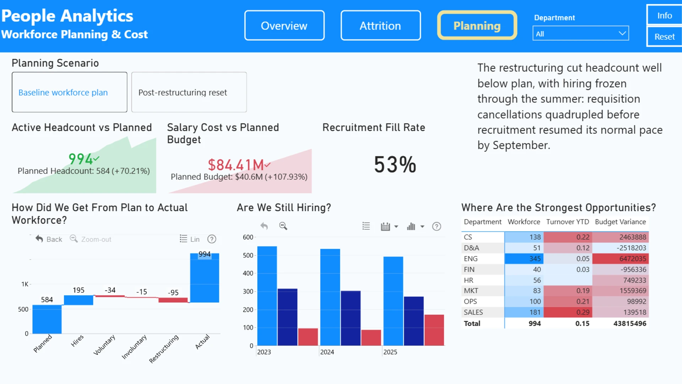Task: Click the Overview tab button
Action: tap(284, 26)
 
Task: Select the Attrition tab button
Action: tap(380, 26)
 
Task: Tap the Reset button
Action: tap(664, 37)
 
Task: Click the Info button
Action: tap(664, 15)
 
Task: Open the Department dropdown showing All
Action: tap(581, 33)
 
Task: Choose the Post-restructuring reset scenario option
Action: tap(189, 92)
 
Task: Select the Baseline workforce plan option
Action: tap(70, 92)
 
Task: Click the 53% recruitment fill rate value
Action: tap(395, 165)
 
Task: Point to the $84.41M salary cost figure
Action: tap(236, 165)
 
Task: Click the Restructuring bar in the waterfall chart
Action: tap(173, 300)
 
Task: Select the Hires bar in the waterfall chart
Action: tap(79, 300)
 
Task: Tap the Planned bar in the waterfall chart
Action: tap(47, 319)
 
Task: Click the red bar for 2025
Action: tap(434, 330)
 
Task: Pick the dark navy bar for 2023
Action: tap(287, 317)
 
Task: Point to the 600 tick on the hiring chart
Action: tap(248, 237)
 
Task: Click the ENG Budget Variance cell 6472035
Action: tap(621, 258)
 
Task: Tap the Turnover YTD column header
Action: tap(568, 222)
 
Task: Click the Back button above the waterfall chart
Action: tap(49, 239)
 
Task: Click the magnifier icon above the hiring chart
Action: tap(283, 226)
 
